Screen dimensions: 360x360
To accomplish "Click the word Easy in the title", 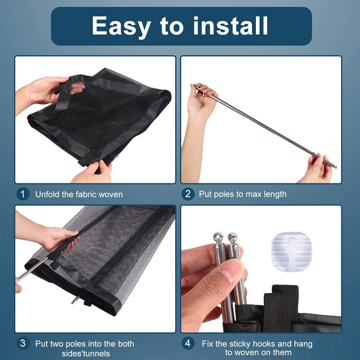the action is click(x=121, y=26).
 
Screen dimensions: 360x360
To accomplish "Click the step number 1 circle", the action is click(x=23, y=194).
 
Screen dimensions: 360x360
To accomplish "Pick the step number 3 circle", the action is click(x=23, y=343).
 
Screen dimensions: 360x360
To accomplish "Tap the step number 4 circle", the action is click(x=188, y=343).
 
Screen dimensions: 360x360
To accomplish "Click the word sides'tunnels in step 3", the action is click(x=86, y=353).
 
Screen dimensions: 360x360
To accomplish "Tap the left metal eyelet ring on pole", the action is click(x=218, y=237).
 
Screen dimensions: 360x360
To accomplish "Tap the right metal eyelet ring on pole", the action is click(x=232, y=237).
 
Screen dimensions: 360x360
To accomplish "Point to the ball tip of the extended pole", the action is click(x=335, y=167).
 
